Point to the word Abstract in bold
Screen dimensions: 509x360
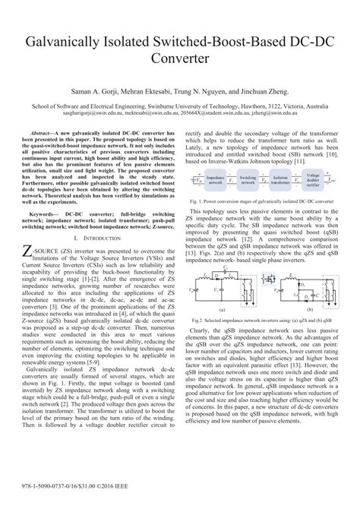point(44,131)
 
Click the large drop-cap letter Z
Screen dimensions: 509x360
point(28,251)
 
